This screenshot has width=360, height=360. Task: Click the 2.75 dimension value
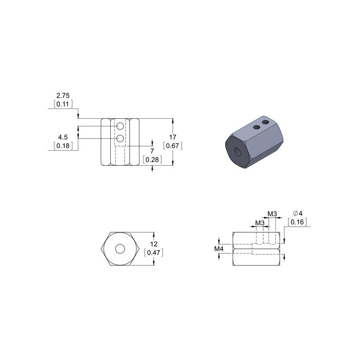click(x=63, y=96)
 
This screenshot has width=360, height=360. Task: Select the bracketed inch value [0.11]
click(x=63, y=104)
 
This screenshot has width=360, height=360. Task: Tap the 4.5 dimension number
click(x=63, y=137)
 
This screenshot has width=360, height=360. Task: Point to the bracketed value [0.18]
click(x=63, y=145)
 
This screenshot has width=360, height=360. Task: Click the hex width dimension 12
click(x=153, y=245)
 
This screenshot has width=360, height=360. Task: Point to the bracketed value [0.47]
click(x=153, y=253)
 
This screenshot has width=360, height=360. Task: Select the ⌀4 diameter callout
click(x=297, y=213)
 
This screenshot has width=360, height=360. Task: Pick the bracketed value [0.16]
click(x=297, y=221)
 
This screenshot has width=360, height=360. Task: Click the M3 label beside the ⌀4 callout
click(x=272, y=213)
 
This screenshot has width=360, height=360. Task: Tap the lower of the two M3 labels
click(x=260, y=223)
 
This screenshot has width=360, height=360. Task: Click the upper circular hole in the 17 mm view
click(x=120, y=128)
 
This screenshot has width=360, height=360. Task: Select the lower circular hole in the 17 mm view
click(x=120, y=138)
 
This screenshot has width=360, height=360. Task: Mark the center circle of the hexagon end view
click(x=120, y=248)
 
